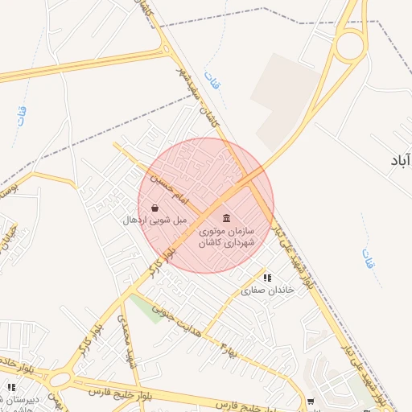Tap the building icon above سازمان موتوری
click(x=226, y=219)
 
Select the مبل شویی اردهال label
click(x=154, y=220)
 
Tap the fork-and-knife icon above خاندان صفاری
click(x=267, y=278)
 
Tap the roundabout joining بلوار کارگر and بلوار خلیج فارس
click(x=59, y=378)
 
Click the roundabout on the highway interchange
click(x=350, y=44)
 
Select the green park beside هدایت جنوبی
click(x=147, y=308)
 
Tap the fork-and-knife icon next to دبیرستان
click(x=10, y=387)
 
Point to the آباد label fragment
click(x=399, y=161)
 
